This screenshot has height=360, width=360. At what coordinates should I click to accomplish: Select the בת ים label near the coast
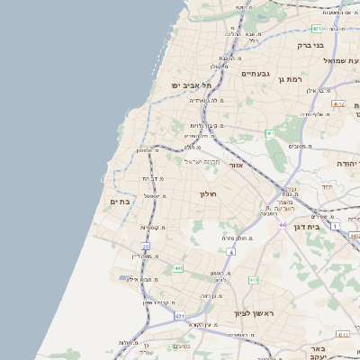pos(119,202)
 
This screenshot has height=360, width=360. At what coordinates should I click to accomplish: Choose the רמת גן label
pos(289,80)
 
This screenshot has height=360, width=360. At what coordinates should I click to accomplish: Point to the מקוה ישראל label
pos(202,162)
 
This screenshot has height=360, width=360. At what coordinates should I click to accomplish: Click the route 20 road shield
pos(145,245)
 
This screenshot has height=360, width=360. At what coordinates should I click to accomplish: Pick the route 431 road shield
pos(179,316)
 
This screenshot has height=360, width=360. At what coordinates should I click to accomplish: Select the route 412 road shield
pos(254,280)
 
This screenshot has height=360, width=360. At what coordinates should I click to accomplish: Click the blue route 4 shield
pos(230,252)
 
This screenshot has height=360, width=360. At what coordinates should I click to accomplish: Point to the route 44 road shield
pos(283,224)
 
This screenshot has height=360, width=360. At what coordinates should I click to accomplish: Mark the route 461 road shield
pos(269,133)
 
